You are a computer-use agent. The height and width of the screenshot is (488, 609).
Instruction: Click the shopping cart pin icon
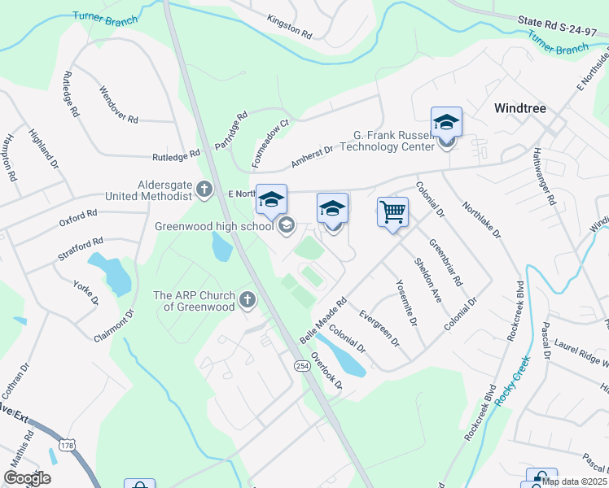click(x=392, y=212)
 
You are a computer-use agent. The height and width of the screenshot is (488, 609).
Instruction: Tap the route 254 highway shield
click(x=302, y=367)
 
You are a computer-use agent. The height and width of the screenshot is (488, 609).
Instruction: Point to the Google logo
click(x=27, y=478)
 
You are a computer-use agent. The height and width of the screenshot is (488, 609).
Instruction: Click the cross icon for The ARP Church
click(x=248, y=301)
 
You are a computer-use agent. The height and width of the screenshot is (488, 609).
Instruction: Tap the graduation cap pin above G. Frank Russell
click(x=446, y=123)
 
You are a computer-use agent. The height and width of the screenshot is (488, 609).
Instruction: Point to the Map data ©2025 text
click(x=573, y=481)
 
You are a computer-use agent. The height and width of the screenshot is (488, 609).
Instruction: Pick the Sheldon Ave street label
click(x=427, y=281)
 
